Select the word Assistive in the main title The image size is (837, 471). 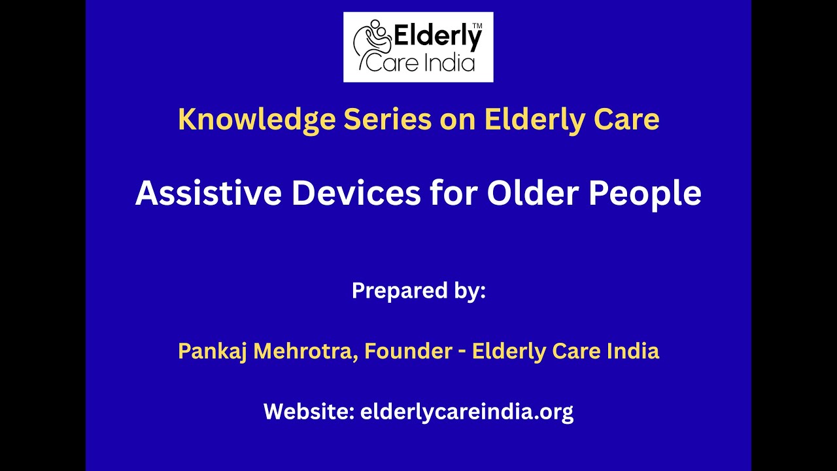tap(209, 194)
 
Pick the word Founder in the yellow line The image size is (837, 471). tap(408, 351)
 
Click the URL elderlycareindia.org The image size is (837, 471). tap(467, 411)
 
